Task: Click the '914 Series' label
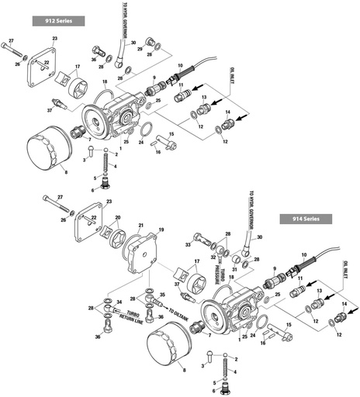coord(306,219)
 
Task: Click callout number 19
coord(161,230)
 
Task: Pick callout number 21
coord(141,226)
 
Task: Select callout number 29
coord(139,48)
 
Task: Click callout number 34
coord(119,300)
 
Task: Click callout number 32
coord(213,257)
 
